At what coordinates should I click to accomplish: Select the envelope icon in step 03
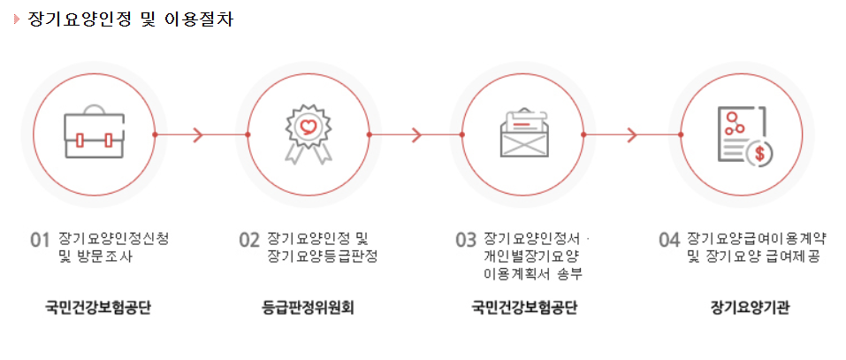pyautogui.click(x=522, y=134)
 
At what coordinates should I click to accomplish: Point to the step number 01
pyautogui.click(x=39, y=241)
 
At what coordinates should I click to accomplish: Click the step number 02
pyautogui.click(x=248, y=241)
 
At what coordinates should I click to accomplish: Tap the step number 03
pyautogui.click(x=466, y=241)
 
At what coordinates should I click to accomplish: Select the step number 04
pyautogui.click(x=669, y=241)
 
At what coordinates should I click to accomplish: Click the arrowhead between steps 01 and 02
pyautogui.click(x=198, y=135)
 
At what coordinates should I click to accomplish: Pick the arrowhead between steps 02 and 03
pyautogui.click(x=415, y=135)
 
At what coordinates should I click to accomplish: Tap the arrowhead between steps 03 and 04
pyautogui.click(x=632, y=135)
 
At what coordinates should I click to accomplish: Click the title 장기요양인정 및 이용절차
pyautogui.click(x=130, y=19)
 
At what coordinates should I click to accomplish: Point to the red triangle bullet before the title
pyautogui.click(x=17, y=19)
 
